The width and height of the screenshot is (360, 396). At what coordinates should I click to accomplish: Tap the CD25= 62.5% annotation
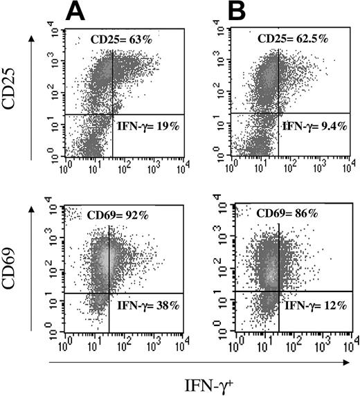[x=296, y=39]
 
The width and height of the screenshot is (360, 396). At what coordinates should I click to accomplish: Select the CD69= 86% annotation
[x=290, y=215]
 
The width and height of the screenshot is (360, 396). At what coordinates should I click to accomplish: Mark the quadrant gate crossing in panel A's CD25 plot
[x=112, y=114]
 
